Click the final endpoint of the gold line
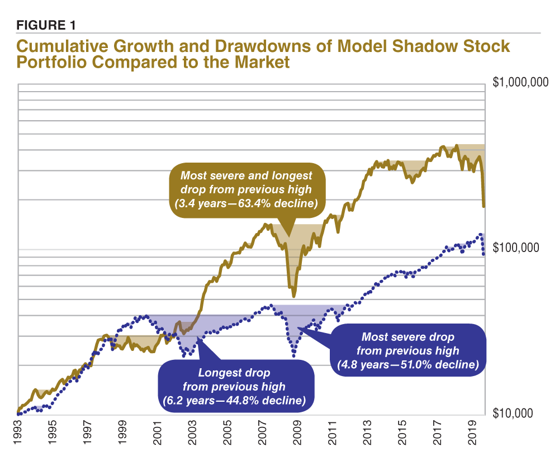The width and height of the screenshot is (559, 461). (484, 207)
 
